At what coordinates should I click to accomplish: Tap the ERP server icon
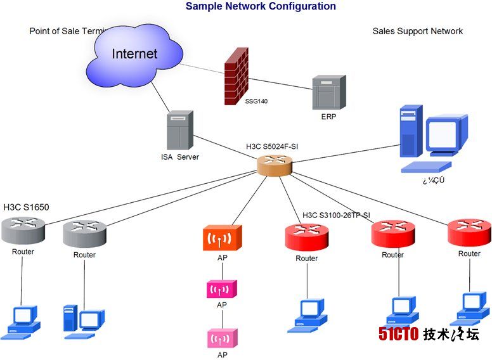coord(329,93)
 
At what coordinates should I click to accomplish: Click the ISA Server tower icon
coord(179,130)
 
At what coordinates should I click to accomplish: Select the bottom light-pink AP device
coord(222,338)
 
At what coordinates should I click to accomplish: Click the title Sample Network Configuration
coord(261,6)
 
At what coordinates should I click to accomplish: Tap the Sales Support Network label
coord(417,31)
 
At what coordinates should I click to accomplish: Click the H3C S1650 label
coord(26,207)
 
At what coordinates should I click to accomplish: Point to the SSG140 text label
coord(256,101)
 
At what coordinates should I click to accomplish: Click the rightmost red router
coord(469,232)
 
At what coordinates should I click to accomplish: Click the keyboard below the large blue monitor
coord(426,167)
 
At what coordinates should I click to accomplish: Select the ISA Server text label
coord(179,157)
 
